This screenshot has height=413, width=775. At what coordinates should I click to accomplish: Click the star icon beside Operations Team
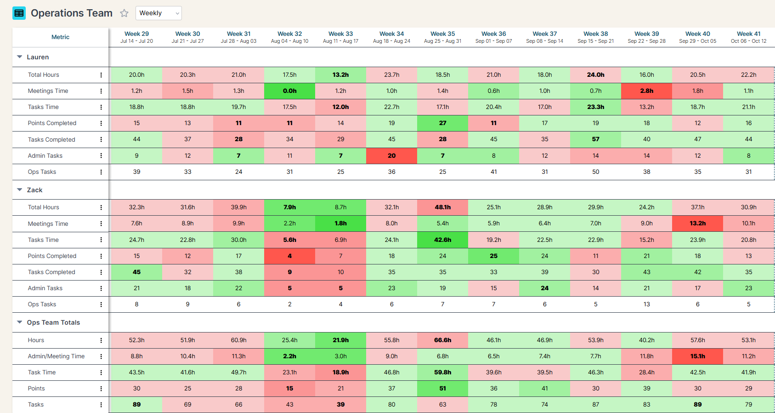tap(124, 13)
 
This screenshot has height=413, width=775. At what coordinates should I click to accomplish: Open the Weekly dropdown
tap(158, 13)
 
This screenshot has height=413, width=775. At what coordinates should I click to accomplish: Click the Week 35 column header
tap(442, 37)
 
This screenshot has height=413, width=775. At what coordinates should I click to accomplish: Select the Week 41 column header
tap(748, 37)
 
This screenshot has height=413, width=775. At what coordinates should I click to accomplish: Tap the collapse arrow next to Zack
tap(20, 189)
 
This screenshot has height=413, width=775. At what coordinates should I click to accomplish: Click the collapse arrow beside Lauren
tap(20, 57)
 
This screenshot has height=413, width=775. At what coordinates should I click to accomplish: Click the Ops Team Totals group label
tap(53, 322)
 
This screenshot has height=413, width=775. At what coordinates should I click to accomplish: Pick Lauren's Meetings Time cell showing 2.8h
tap(646, 91)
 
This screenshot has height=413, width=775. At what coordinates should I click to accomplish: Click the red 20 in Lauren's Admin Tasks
tap(391, 156)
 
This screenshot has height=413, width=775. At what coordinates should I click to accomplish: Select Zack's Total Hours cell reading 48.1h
tap(442, 207)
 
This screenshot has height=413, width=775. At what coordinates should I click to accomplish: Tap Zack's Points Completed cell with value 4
tap(289, 256)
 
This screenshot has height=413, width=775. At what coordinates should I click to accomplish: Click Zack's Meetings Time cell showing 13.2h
tap(697, 224)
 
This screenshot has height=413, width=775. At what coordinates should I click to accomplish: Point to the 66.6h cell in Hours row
tap(442, 340)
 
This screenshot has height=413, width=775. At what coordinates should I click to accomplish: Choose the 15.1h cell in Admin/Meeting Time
tap(697, 356)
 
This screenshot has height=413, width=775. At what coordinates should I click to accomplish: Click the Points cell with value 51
tap(442, 389)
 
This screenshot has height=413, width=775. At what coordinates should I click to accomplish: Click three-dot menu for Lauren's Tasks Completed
tap(101, 140)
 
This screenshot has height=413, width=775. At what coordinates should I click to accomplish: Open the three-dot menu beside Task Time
tap(101, 373)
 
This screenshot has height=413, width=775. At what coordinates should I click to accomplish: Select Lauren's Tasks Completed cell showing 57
tap(595, 139)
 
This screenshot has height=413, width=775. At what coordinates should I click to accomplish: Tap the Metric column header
tap(60, 37)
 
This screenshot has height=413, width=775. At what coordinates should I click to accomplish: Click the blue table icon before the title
tap(19, 13)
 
